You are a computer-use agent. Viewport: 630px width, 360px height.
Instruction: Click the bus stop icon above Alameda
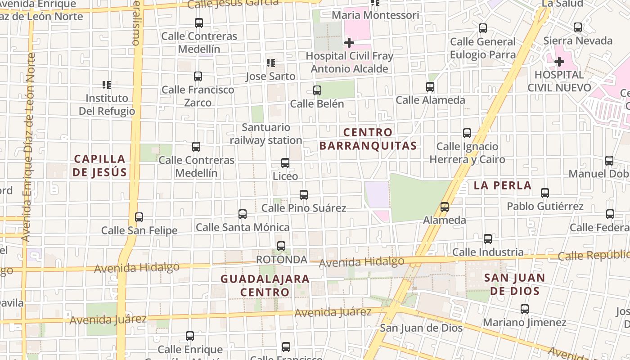[x=445, y=207]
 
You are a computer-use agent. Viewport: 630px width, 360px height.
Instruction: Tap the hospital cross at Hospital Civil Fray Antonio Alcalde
[x=349, y=43]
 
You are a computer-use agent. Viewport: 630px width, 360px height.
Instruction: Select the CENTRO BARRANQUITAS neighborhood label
[x=368, y=139]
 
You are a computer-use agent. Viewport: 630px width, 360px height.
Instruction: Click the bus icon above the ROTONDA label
[x=281, y=246]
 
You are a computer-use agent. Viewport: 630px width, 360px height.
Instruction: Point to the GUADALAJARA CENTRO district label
[x=265, y=285]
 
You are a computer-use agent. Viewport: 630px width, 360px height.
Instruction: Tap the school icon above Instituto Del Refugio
[x=107, y=85]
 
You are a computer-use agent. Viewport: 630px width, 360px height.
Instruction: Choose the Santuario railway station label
[x=266, y=134]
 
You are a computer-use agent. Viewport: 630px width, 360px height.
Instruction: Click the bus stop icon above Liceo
[x=285, y=163]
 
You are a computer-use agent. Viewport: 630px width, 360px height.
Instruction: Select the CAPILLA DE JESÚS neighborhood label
[x=100, y=165]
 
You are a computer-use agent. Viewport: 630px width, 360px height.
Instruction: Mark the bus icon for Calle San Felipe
[x=139, y=217]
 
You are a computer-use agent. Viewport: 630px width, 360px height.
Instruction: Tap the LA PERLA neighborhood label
[x=503, y=185]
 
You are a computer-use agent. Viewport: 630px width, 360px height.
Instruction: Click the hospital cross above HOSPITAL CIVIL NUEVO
[x=559, y=61]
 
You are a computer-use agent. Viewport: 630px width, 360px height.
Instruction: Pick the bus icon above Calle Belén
[x=317, y=90]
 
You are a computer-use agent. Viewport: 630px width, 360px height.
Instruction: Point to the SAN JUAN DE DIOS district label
[x=515, y=284]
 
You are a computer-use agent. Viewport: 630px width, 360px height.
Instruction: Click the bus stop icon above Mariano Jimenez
[x=525, y=309]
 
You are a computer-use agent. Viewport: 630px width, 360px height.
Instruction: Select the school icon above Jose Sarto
[x=270, y=63]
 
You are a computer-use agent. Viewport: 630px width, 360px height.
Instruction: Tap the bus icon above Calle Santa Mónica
[x=243, y=214]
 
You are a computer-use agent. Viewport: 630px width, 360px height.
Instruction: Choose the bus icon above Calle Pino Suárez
[x=304, y=195]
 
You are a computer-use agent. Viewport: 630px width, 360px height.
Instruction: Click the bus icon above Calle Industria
[x=488, y=239]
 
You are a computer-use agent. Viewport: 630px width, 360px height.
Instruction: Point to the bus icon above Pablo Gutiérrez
[x=545, y=193]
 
